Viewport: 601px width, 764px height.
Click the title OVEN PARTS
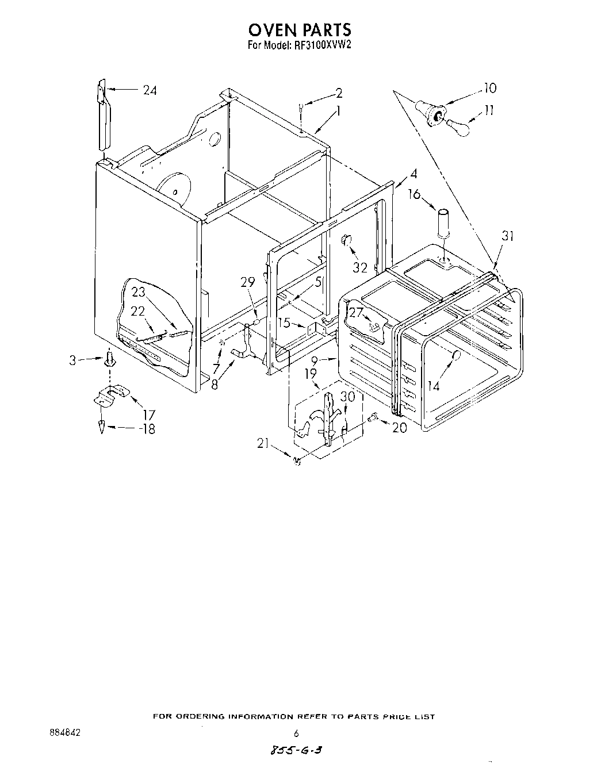click(x=299, y=29)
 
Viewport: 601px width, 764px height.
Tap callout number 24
click(x=150, y=90)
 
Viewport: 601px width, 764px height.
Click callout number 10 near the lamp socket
click(x=489, y=88)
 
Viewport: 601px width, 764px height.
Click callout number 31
click(x=507, y=236)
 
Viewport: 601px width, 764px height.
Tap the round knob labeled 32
click(x=347, y=241)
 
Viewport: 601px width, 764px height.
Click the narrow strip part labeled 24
click(x=103, y=117)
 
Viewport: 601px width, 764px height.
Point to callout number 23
click(x=138, y=293)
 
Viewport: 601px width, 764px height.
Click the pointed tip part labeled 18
click(x=102, y=427)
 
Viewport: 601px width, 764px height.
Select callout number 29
click(x=247, y=282)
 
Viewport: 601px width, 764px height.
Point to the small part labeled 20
click(x=373, y=418)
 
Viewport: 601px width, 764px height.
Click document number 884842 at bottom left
click(x=64, y=733)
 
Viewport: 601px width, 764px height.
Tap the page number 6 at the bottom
click(x=296, y=733)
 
